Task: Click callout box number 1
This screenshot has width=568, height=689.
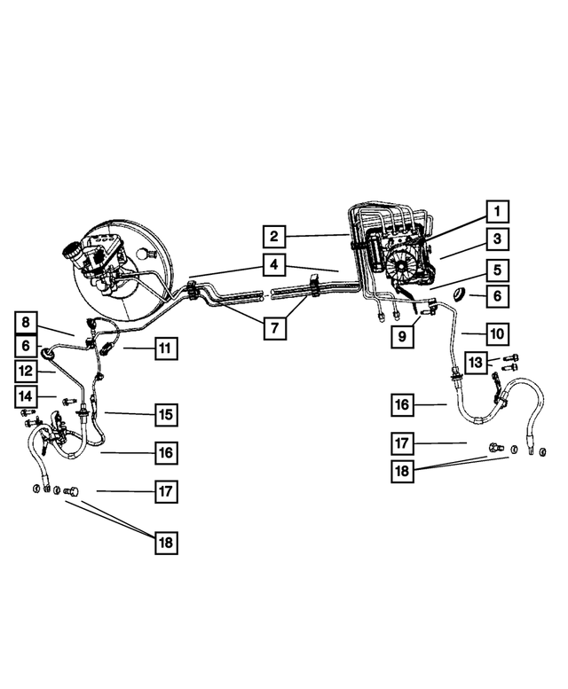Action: tap(498, 211)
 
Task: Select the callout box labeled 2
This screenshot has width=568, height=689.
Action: tap(275, 236)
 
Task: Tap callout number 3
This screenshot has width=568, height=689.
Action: tap(498, 239)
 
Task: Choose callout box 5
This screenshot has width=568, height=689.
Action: tap(498, 270)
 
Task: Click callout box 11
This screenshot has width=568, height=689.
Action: tap(164, 348)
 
